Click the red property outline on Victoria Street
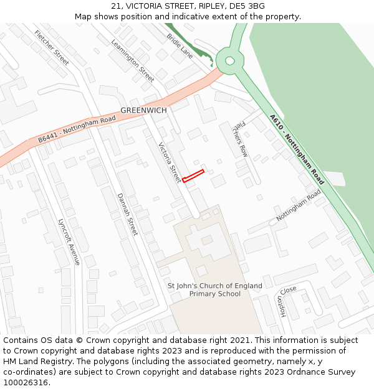coord(193,176)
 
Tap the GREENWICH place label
coord(143,110)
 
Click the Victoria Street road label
coord(169,163)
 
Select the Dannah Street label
coord(127,214)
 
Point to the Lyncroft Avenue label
coord(69,241)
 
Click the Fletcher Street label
coord(52,47)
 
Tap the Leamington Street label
coord(133,61)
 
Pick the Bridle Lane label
coord(180,46)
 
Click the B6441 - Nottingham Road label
coord(77,129)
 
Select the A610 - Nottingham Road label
coord(297,149)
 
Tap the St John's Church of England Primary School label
coord(215,290)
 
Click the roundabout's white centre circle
coord(229,61)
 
